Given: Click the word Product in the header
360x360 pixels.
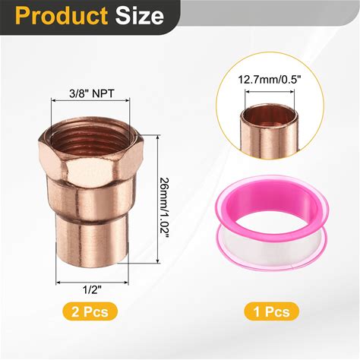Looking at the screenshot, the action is [62, 16].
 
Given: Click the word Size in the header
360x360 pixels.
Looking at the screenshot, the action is [140, 16].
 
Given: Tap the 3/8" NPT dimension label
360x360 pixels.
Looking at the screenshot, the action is [92, 93].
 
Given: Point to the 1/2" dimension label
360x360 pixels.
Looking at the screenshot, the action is [92, 289].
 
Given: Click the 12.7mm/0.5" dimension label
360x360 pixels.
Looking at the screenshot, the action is [270, 80].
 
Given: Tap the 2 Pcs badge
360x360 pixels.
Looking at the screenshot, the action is [90, 311].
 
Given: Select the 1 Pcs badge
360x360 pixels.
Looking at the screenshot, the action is [272, 311].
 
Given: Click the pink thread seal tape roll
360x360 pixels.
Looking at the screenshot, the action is [272, 223].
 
